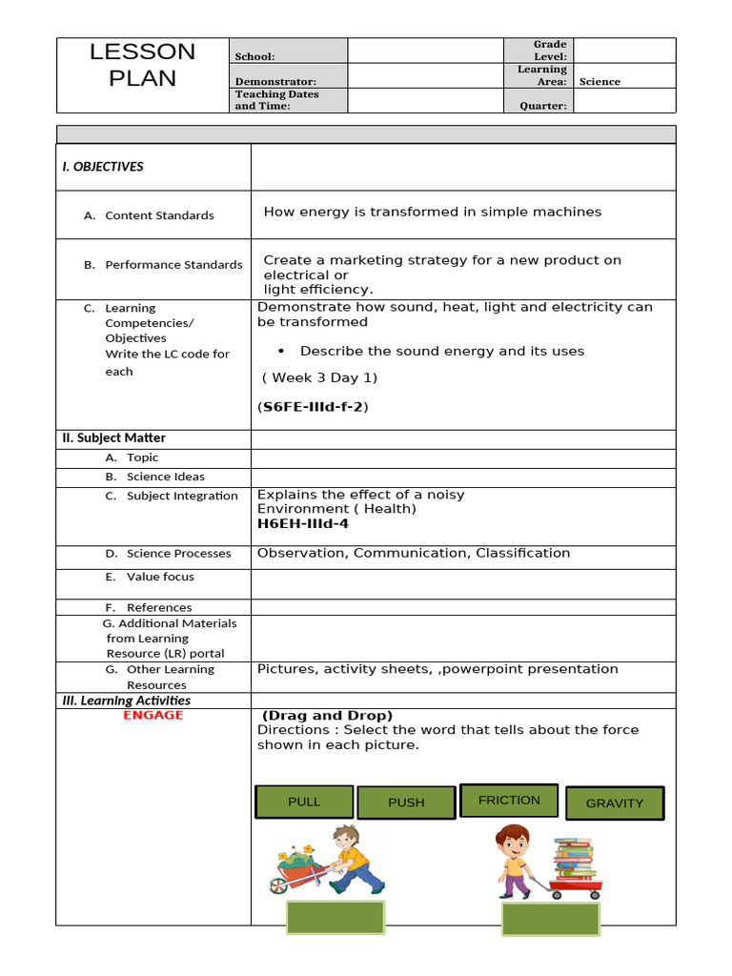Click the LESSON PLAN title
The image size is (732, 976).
(x=142, y=65)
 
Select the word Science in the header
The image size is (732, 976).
(x=600, y=82)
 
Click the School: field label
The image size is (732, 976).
(x=254, y=57)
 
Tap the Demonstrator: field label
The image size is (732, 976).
(x=275, y=82)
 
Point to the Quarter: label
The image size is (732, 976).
(x=542, y=106)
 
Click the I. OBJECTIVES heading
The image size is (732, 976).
(x=103, y=167)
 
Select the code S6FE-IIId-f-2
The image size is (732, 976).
(x=313, y=407)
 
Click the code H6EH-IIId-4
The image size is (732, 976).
(x=303, y=523)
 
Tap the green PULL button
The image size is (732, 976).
(x=304, y=803)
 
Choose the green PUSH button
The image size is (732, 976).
(x=406, y=803)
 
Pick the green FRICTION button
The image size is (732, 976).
(x=509, y=801)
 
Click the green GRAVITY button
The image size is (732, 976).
(x=615, y=803)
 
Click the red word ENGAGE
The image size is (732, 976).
(x=152, y=715)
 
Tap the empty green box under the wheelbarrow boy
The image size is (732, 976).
(x=335, y=917)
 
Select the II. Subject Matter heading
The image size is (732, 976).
(x=113, y=438)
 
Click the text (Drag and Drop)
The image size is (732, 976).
(x=328, y=716)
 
